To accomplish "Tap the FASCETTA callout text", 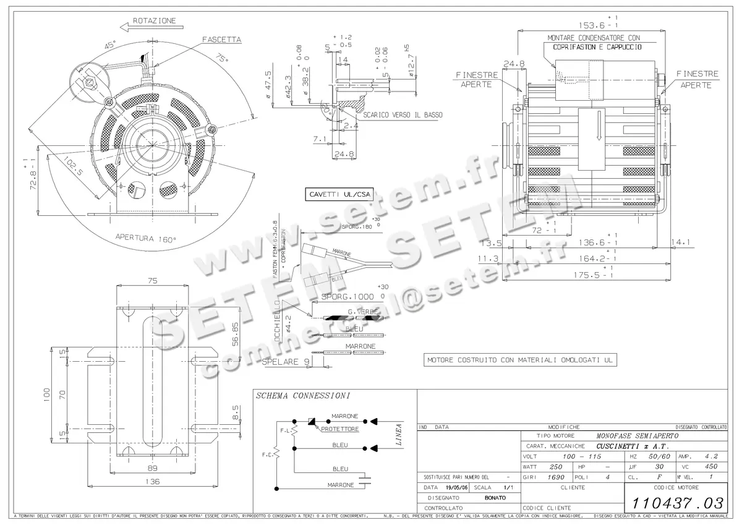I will click(221, 40).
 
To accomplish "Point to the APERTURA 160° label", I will click(146, 238).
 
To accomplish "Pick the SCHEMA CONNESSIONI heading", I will click(303, 395).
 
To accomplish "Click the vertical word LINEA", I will click(399, 434).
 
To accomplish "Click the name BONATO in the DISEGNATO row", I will click(495, 498).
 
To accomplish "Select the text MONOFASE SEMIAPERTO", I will click(637, 435).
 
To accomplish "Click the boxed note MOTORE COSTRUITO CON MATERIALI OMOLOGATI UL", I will click(521, 360).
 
